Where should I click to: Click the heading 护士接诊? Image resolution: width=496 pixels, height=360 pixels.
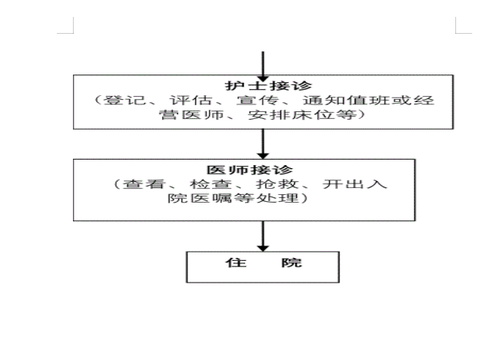click(268, 86)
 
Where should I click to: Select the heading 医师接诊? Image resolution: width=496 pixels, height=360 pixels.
click(250, 170)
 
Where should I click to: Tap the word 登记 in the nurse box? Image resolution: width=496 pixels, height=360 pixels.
click(124, 101)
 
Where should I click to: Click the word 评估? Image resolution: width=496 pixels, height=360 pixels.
click(190, 101)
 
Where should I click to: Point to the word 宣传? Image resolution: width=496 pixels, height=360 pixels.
click(257, 101)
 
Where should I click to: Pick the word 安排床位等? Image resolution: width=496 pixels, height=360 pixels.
click(302, 114)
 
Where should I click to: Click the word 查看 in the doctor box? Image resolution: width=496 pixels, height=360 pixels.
click(144, 183)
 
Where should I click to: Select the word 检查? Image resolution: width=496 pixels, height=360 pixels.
click(211, 183)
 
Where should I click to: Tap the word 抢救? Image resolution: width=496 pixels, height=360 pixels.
click(277, 183)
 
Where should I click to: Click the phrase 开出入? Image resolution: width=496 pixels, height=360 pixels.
click(355, 183)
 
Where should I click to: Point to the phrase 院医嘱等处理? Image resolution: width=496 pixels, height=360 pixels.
click(233, 198)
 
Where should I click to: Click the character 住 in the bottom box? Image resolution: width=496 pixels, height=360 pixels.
click(236, 263)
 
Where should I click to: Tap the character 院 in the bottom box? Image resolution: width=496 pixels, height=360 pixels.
click(292, 263)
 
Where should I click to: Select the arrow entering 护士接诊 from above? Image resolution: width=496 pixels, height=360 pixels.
click(263, 67)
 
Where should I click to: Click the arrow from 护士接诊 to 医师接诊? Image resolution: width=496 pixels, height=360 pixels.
click(263, 144)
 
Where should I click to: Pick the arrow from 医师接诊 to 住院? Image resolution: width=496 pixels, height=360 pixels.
click(263, 236)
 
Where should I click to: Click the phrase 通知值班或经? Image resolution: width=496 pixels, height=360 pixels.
click(369, 101)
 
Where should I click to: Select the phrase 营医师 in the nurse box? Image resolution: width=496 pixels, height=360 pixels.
click(191, 114)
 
